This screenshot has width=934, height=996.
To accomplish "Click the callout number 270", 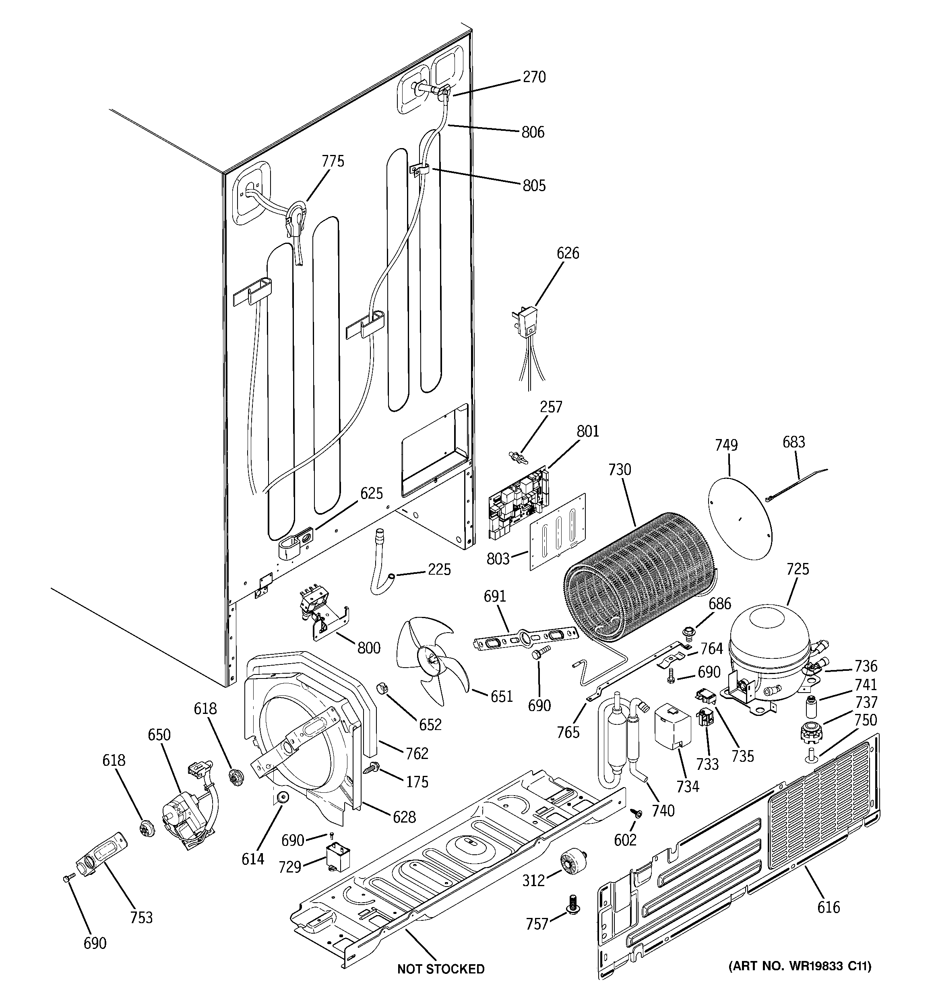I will point(533,77).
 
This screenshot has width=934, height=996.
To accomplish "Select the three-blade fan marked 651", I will point(431,660).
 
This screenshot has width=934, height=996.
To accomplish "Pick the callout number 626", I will point(568,254).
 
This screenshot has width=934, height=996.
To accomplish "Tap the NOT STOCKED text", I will point(441,969).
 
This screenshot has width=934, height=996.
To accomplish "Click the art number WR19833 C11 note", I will point(800,966).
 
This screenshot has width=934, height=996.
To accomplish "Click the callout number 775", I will point(333,161).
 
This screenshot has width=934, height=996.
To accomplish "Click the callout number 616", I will point(828,907).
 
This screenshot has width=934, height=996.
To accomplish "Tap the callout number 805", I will point(533,186).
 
